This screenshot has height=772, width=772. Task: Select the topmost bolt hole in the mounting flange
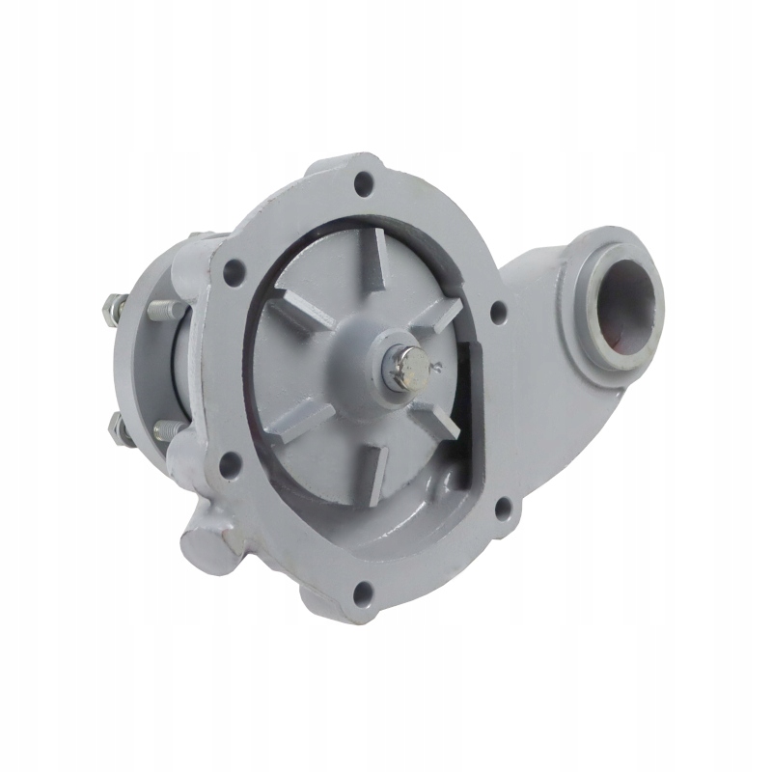pos(365,180)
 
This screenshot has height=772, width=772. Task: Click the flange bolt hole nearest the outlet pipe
pos(498,313)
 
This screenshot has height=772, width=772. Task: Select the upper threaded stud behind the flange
pos(166,309)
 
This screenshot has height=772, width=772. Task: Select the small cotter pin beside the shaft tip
pos(437,365)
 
